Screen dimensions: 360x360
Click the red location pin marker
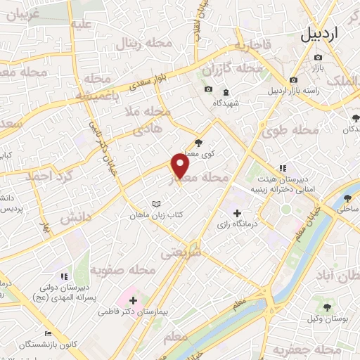click(x=181, y=167)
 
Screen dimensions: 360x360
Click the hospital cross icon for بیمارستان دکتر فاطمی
click(x=133, y=300)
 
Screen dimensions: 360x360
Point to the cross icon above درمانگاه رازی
click(x=237, y=212)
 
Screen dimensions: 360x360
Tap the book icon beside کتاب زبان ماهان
click(x=157, y=205)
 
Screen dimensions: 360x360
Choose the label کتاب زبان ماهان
click(x=155, y=215)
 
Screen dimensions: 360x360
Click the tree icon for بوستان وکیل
click(x=327, y=307)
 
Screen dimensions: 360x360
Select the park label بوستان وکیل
click(x=327, y=318)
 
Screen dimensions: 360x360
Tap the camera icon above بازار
click(x=319, y=57)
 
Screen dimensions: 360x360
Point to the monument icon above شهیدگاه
click(x=226, y=93)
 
